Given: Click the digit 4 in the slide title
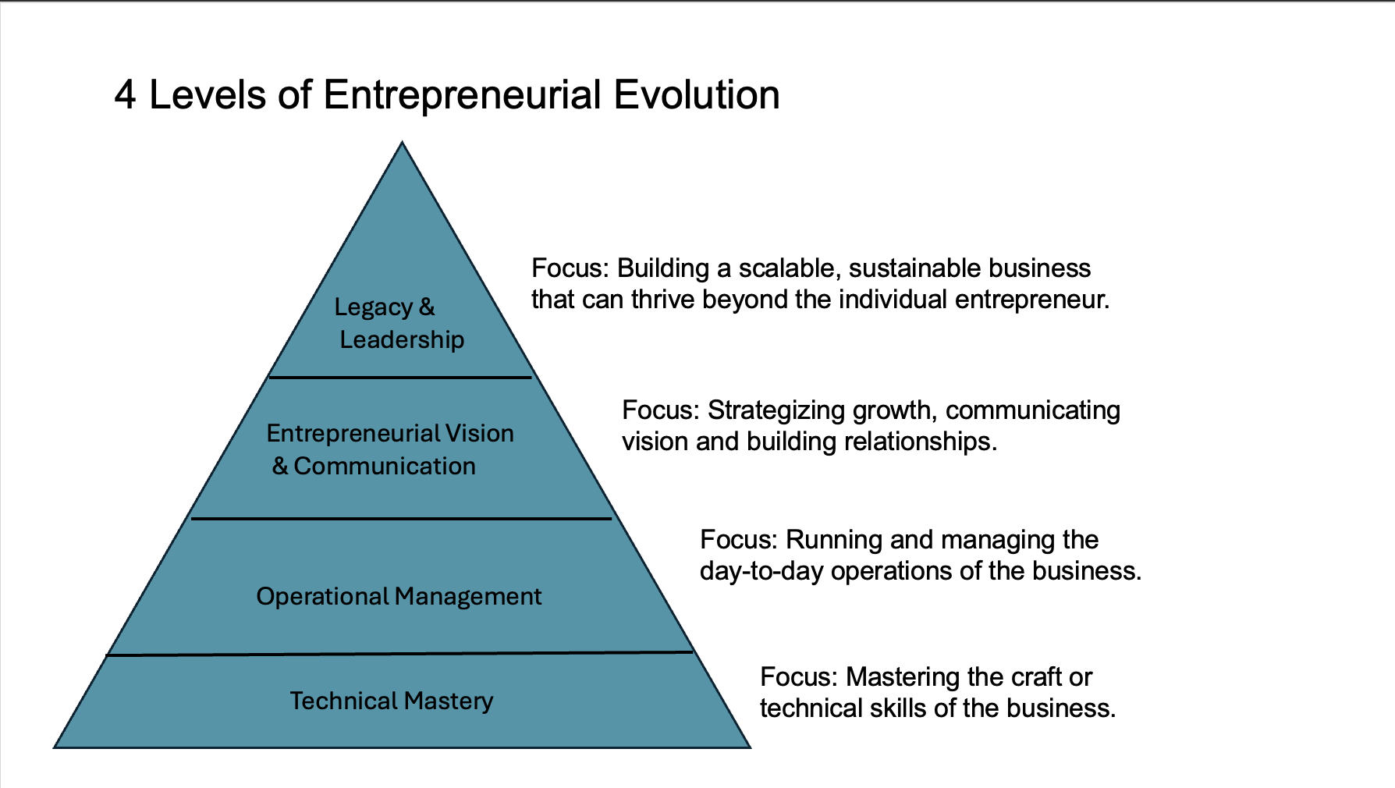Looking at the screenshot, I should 125,95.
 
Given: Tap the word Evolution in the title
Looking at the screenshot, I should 696,95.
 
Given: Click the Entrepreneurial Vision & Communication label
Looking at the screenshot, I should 389,449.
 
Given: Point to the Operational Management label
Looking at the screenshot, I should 399,596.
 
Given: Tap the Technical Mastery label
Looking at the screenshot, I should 392,701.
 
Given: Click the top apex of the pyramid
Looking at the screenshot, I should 402,144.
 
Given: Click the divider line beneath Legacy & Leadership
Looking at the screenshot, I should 400,378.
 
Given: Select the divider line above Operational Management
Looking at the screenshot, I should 401,518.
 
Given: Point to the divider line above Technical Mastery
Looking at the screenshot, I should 399,654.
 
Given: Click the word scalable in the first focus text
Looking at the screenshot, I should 786,268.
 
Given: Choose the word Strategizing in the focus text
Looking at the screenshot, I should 776,410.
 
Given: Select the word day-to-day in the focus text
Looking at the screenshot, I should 761,571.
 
